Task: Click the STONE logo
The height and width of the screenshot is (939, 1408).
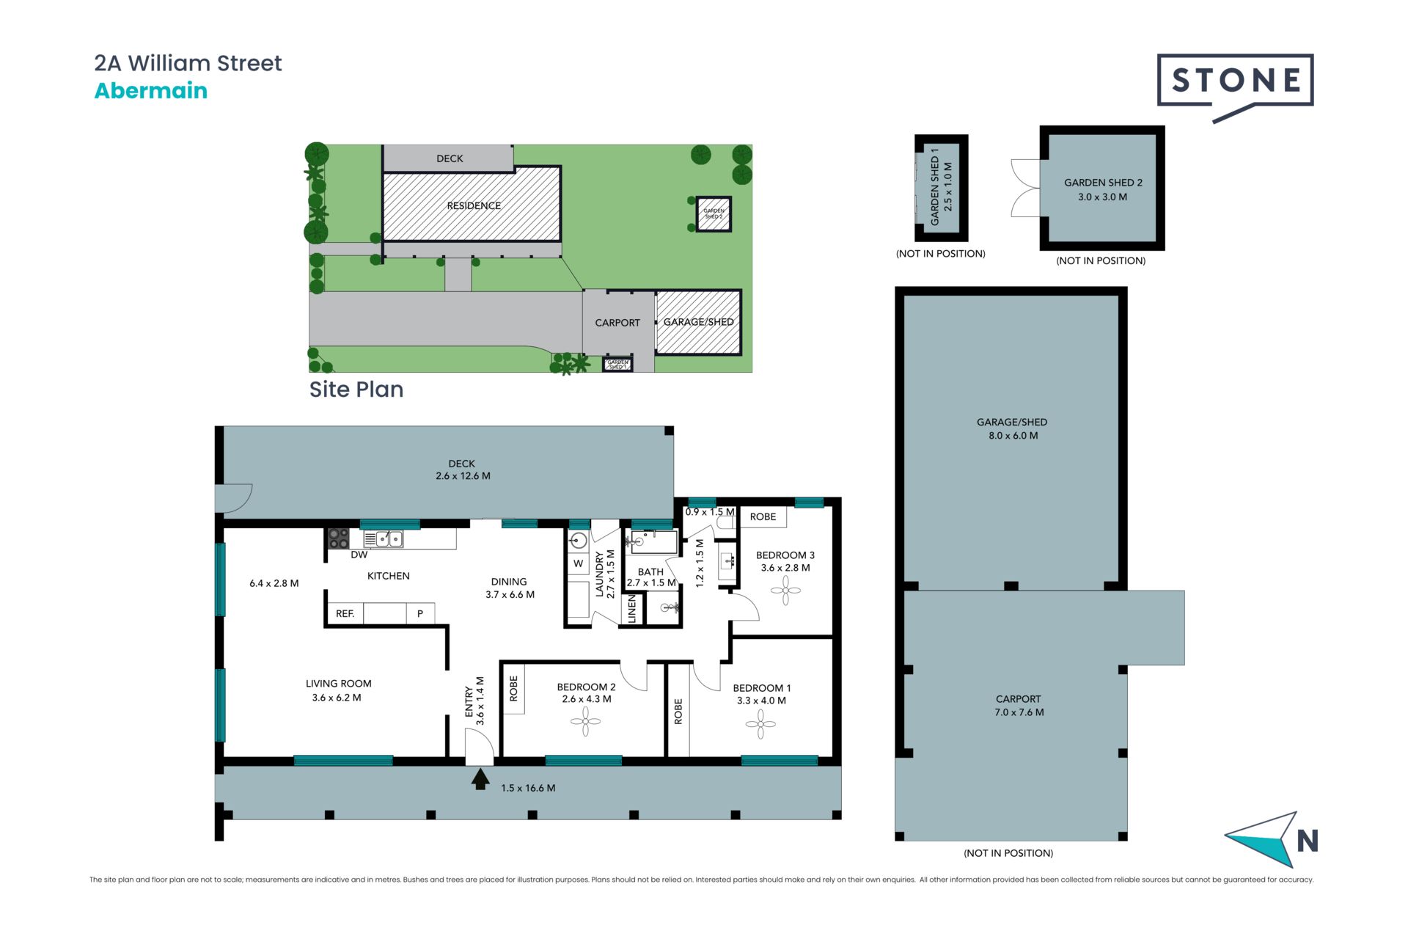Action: [x=1235, y=81]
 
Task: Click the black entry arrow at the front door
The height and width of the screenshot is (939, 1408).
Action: [x=480, y=778]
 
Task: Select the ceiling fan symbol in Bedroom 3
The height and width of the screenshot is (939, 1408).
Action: [x=785, y=590]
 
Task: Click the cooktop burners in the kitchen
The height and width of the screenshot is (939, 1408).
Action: [x=338, y=538]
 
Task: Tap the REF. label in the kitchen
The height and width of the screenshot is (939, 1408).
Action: [x=345, y=613]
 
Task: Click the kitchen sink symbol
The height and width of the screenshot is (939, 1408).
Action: [x=389, y=539]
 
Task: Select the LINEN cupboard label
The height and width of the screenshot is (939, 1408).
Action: [x=632, y=609]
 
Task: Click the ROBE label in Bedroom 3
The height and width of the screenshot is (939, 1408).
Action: [x=763, y=516]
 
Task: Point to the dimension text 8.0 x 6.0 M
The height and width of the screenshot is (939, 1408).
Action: [x=1013, y=436]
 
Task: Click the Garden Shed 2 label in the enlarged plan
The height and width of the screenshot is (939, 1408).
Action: [x=1103, y=183]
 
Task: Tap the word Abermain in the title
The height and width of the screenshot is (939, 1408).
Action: [x=151, y=91]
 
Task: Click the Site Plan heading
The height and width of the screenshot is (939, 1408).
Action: [x=356, y=390]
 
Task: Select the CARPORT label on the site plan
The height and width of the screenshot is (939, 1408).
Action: [x=617, y=323]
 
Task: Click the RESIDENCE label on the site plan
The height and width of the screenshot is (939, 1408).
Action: [x=474, y=205]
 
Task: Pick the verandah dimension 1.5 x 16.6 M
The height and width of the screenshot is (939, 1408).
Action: [x=528, y=788]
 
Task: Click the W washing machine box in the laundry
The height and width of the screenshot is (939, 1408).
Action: [x=579, y=563]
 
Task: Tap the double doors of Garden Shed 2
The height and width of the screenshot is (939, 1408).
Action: [x=1025, y=188]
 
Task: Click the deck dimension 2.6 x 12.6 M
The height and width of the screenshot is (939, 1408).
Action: [x=463, y=476]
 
